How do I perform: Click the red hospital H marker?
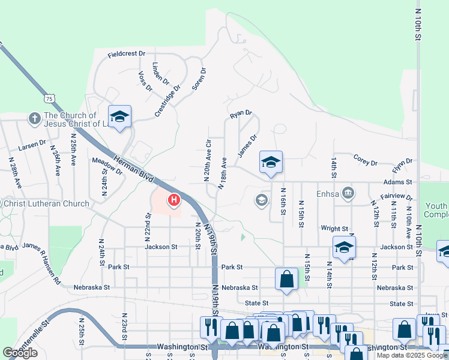174,199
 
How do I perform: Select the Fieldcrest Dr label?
127,54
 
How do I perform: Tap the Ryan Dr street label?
241,112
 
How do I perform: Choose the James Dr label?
247,146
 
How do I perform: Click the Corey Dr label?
365,163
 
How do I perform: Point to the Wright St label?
334,229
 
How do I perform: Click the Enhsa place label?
328,194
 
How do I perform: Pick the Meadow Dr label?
107,166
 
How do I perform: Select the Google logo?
20,353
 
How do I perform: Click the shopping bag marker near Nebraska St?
287,279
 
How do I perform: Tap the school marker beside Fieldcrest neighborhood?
119,116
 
